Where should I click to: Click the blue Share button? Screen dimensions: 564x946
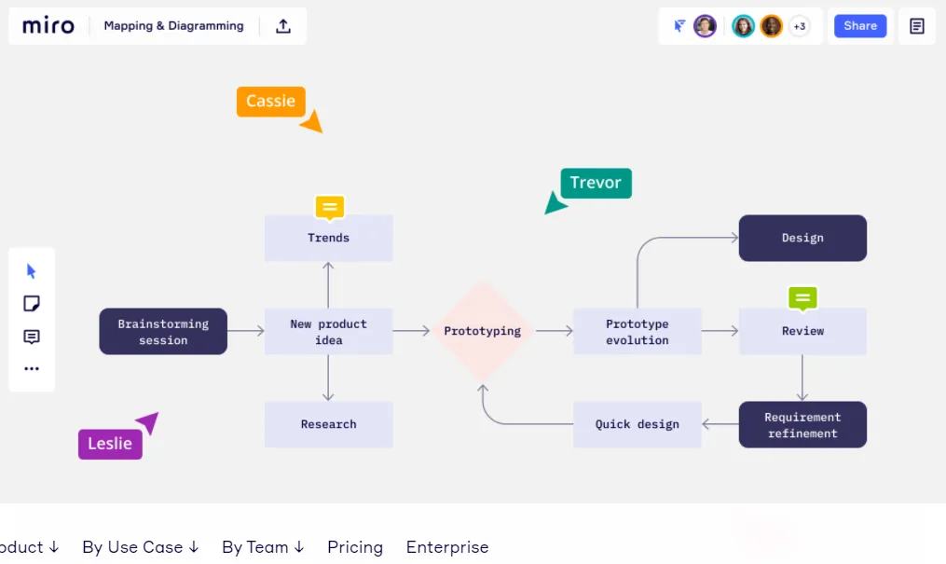(859, 26)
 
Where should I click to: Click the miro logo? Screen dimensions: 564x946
(48, 26)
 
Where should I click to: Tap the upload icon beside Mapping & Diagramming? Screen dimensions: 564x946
(283, 26)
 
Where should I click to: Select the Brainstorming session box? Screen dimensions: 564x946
(163, 332)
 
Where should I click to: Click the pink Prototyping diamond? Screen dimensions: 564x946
(482, 331)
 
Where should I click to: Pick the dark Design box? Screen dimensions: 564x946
(802, 238)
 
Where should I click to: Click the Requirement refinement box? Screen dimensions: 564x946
(802, 425)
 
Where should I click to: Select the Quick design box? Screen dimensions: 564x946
(638, 424)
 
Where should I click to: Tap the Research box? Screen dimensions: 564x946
(328, 424)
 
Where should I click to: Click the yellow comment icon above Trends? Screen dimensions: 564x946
(329, 207)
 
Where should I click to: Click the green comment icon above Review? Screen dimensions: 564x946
(802, 298)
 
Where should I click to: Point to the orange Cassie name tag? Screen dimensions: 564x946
(270, 102)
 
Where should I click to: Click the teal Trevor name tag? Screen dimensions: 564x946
(596, 183)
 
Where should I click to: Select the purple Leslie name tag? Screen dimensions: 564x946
(110, 444)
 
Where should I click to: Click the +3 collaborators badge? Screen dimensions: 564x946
(799, 26)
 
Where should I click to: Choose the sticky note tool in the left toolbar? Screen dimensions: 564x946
(32, 304)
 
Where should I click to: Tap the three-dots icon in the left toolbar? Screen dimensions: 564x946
(32, 368)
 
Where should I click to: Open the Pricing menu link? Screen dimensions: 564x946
(355, 547)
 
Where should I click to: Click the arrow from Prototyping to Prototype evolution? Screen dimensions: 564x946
(555, 331)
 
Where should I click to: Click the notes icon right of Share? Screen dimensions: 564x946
(917, 26)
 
